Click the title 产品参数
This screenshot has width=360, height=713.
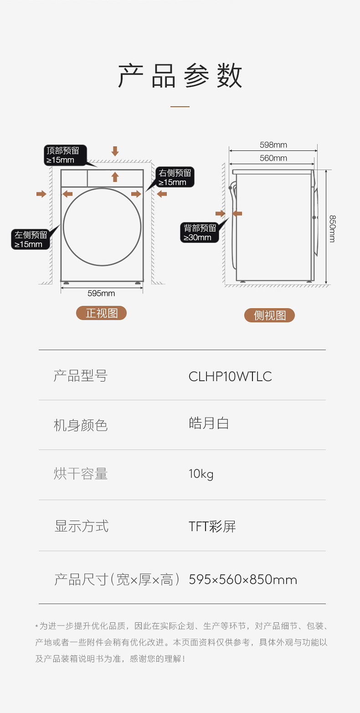point(180,76)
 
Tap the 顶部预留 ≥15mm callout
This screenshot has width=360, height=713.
point(62,155)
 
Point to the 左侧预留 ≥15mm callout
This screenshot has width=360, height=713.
point(31,239)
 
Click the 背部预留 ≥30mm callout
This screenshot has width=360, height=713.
point(200,233)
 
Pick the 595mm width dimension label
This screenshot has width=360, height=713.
point(101,293)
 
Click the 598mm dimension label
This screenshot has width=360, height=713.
point(273,145)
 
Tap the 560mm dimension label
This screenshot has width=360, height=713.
point(273,158)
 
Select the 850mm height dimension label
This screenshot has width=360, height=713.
point(332,228)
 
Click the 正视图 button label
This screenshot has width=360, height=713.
point(101,313)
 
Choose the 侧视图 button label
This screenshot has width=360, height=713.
point(270,315)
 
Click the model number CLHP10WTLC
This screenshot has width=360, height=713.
point(230,377)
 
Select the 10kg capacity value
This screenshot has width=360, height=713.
point(201,474)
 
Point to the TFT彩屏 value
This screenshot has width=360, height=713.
point(212,527)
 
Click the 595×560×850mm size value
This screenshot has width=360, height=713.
point(243,580)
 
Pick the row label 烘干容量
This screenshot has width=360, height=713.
point(81,474)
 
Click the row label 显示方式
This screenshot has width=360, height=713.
point(82,527)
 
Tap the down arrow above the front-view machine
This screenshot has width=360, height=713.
point(115,151)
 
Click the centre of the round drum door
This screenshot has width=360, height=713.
point(102,227)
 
